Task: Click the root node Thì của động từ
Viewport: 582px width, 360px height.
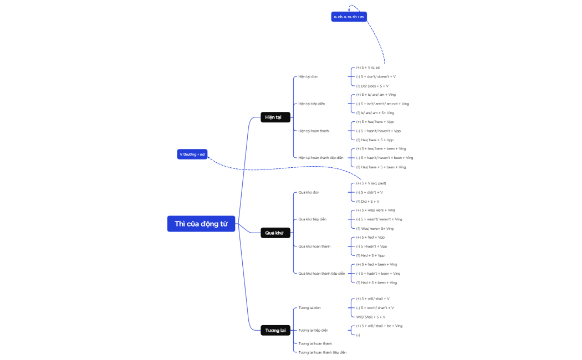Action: [201, 224]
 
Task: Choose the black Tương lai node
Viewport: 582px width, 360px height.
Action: [275, 331]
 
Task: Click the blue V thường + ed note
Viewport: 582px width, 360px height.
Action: [192, 154]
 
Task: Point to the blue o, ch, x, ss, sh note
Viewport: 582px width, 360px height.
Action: [349, 17]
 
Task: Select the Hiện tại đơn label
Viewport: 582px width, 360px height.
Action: [308, 76]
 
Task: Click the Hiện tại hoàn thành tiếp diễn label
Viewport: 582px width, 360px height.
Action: [321, 158]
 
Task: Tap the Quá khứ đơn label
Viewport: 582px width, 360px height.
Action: [309, 192]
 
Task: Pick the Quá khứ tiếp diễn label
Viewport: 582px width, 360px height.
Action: [312, 219]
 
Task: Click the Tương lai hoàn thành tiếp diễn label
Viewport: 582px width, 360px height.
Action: [322, 352]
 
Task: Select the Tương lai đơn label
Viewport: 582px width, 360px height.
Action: [309, 308]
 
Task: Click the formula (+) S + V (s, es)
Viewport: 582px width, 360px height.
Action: [368, 68]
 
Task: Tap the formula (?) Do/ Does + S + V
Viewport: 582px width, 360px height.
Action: [372, 86]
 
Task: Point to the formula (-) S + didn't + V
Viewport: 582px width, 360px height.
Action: [369, 192]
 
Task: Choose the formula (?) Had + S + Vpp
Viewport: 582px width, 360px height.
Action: [370, 255]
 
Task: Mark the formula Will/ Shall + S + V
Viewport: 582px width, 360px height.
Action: [371, 317]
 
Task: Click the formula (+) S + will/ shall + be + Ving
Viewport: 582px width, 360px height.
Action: [379, 326]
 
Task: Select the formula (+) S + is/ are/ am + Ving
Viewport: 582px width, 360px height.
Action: [376, 95]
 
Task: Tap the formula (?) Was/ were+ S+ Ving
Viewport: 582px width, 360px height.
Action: [375, 228]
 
